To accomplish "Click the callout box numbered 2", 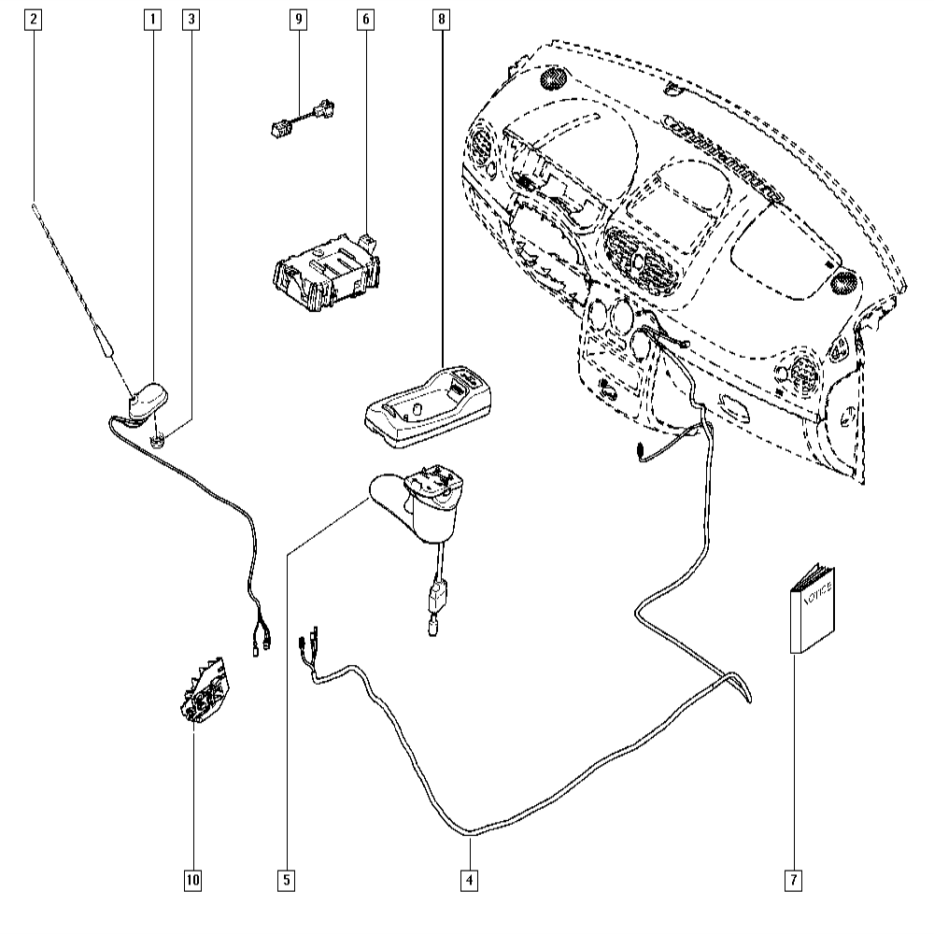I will click(34, 18).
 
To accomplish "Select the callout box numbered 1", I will click(151, 18).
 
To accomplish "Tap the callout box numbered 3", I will click(192, 18).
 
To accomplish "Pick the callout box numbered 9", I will click(299, 18).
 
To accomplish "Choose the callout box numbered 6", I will click(363, 18).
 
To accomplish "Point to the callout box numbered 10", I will click(192, 879).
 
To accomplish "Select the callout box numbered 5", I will click(286, 879).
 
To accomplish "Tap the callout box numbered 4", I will click(469, 879).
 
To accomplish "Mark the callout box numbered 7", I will click(794, 879).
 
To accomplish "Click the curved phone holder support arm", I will click(420, 509).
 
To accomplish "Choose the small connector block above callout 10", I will click(205, 688).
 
